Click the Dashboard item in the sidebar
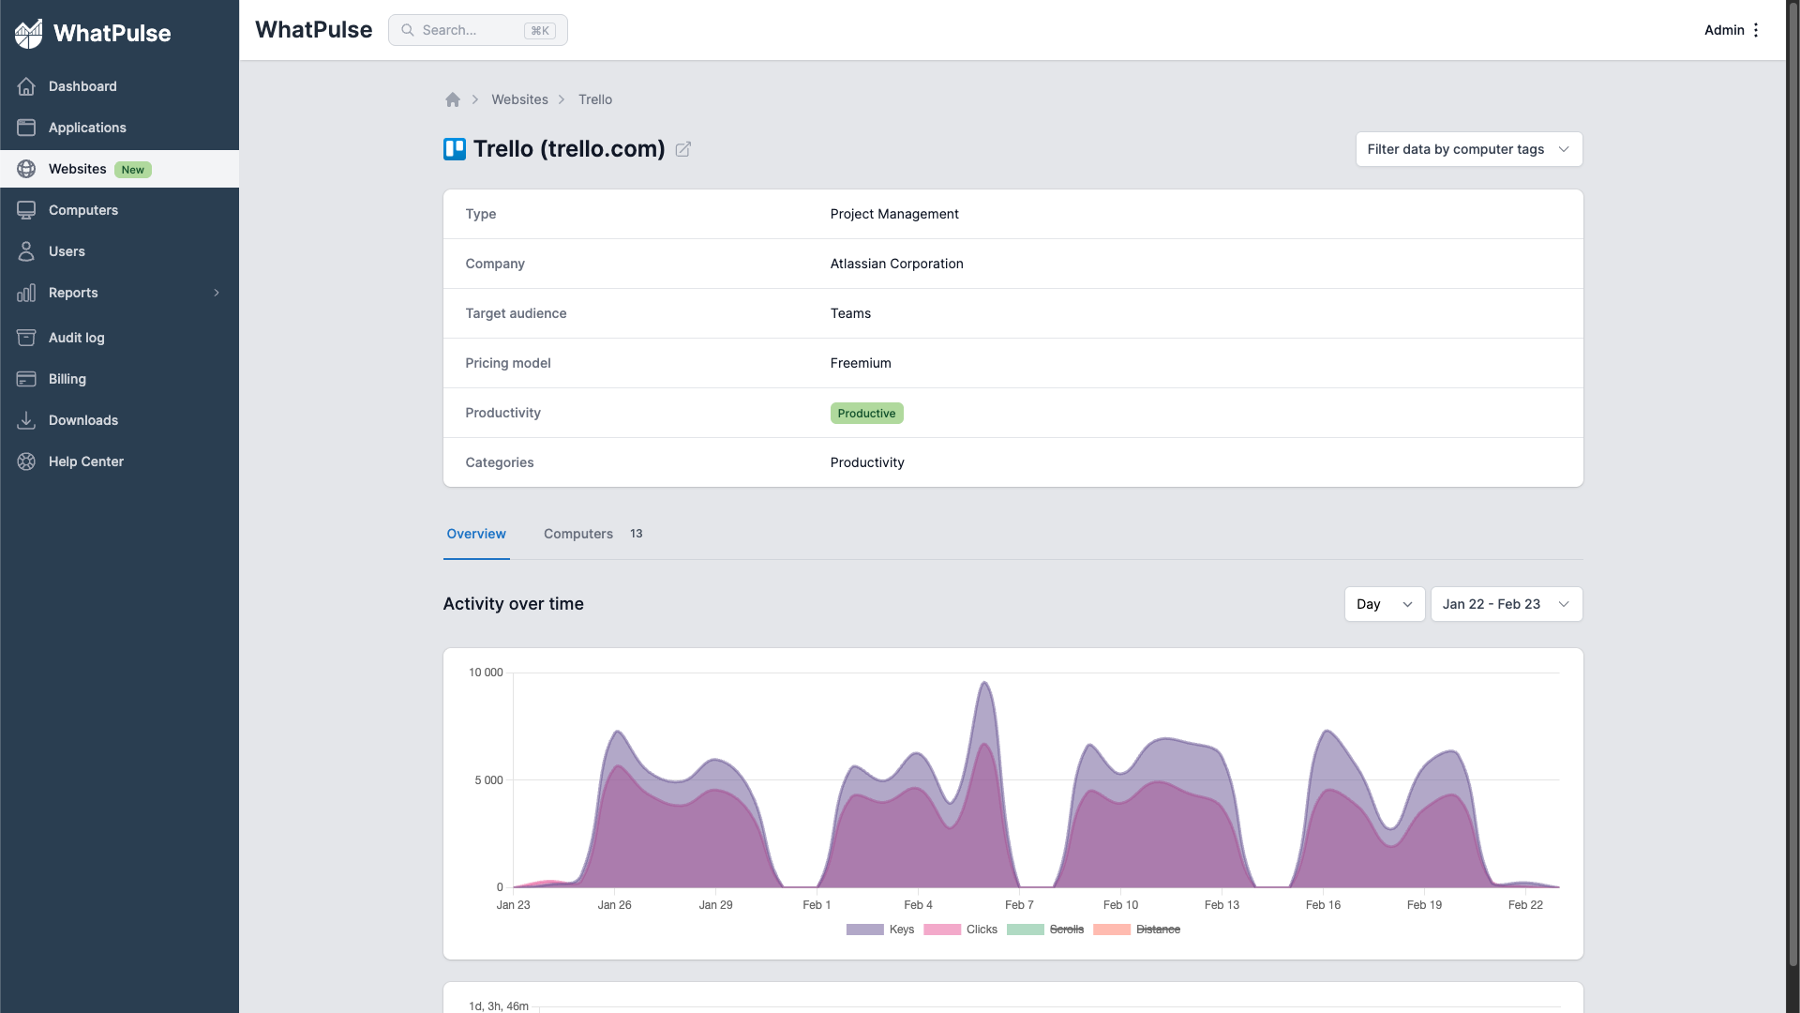[x=82, y=86]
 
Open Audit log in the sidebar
[x=76, y=338]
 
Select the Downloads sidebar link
[x=82, y=420]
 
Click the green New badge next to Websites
[x=133, y=170]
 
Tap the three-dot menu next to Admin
[x=1756, y=30]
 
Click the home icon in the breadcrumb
[x=453, y=99]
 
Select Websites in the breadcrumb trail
[x=519, y=99]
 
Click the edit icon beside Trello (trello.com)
[x=683, y=149]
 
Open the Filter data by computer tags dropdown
[x=1468, y=149]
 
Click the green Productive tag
[x=866, y=414]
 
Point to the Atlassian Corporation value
[x=896, y=264]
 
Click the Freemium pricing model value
[x=861, y=363]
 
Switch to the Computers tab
[x=578, y=534]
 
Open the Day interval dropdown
[x=1384, y=604]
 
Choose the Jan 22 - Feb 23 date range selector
[x=1506, y=604]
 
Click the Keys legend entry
[x=901, y=930]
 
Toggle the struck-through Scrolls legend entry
[x=1066, y=930]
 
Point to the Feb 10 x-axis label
[x=1120, y=905]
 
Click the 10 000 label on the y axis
[x=486, y=673]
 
